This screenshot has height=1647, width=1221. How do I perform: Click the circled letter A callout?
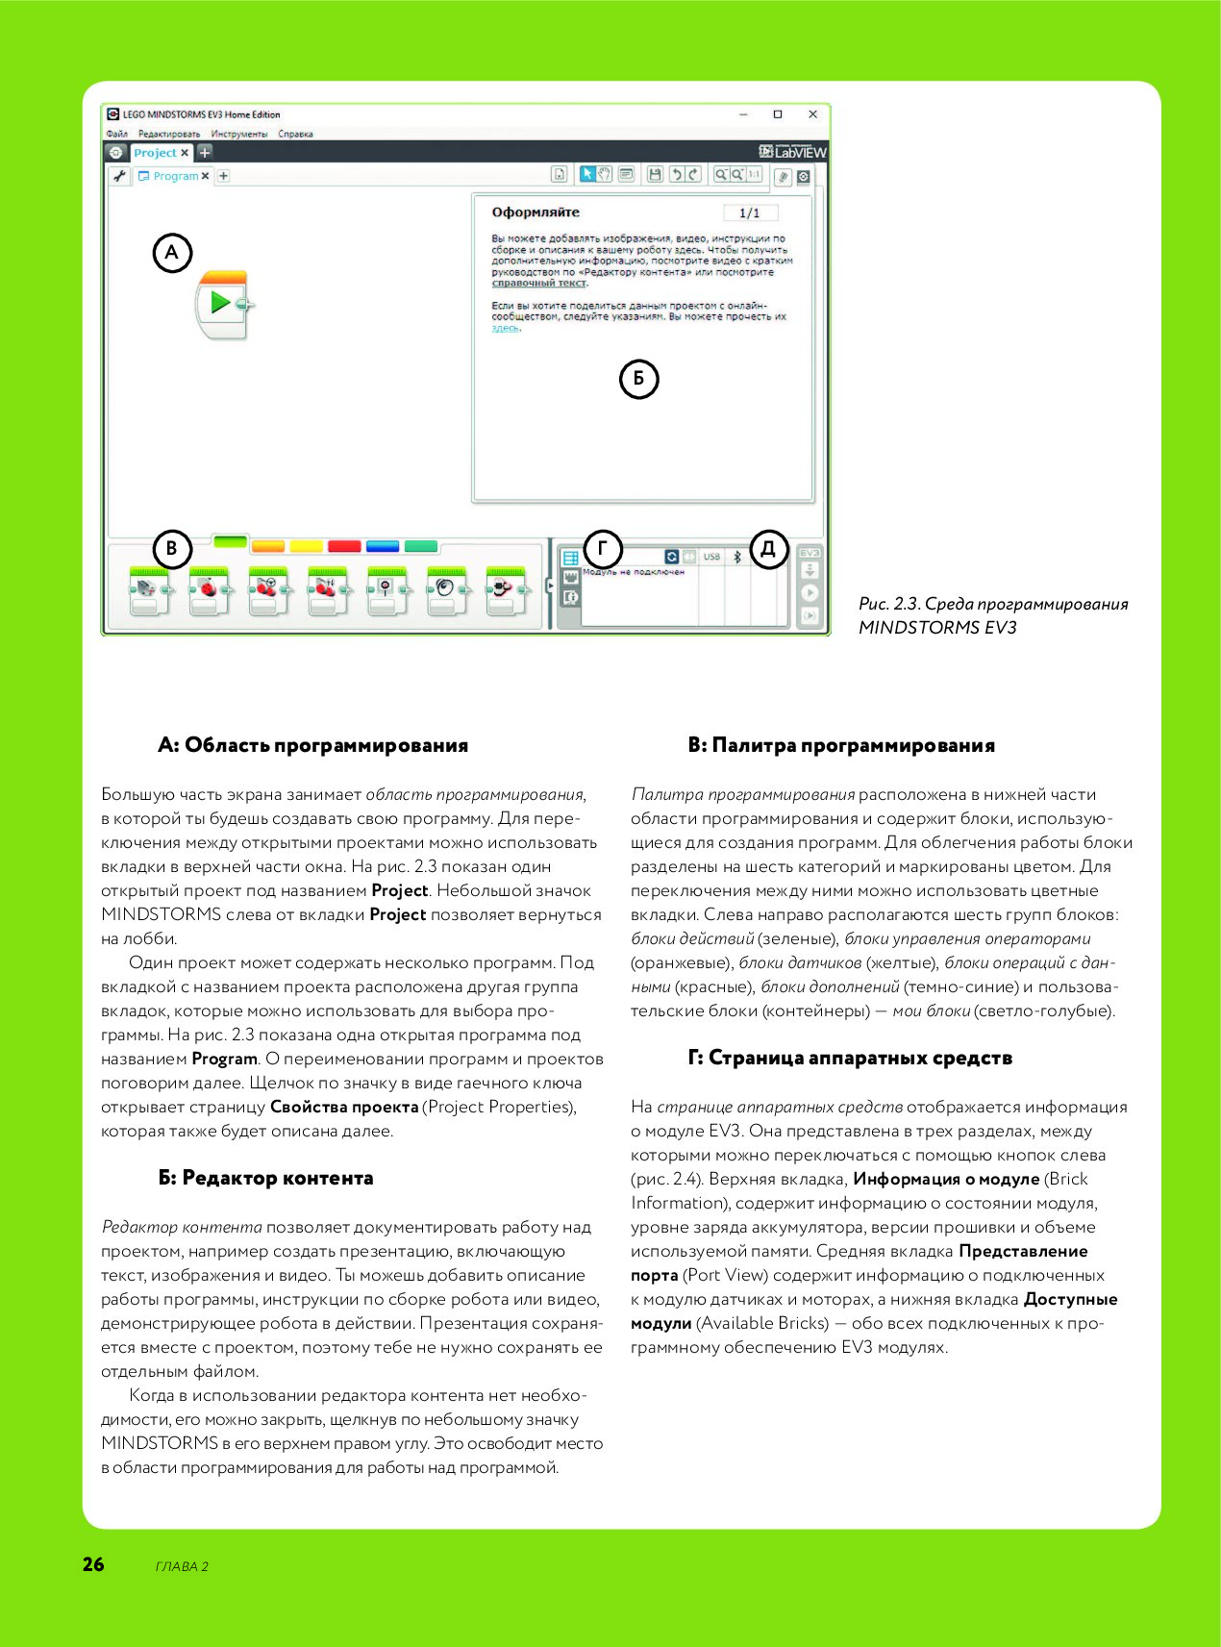(x=172, y=253)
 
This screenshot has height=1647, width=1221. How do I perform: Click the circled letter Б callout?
(x=638, y=379)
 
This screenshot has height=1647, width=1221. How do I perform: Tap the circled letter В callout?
(x=172, y=549)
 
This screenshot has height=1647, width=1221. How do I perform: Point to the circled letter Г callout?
(x=603, y=549)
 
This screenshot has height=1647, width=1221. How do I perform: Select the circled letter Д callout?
(x=768, y=549)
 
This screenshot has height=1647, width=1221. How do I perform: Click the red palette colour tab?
(x=344, y=546)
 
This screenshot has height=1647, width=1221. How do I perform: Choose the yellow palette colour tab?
(x=306, y=546)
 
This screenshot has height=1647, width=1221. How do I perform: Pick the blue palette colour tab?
(x=383, y=546)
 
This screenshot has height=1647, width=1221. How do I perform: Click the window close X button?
(x=812, y=114)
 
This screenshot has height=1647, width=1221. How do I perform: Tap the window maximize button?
(x=778, y=114)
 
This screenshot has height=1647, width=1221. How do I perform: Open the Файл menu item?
(x=117, y=135)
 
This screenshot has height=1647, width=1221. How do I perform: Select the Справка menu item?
(x=295, y=135)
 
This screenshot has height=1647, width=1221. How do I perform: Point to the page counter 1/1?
(x=750, y=212)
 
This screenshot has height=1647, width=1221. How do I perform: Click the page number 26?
(x=93, y=1564)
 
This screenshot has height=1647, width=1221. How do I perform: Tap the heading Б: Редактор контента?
(x=265, y=1178)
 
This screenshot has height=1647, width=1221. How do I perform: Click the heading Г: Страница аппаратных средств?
(x=850, y=1058)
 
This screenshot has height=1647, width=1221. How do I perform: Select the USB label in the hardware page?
(x=711, y=557)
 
